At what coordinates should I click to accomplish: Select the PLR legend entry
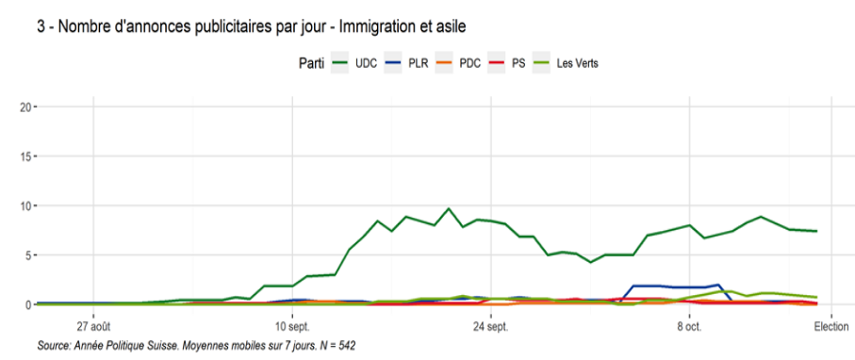tap(406, 64)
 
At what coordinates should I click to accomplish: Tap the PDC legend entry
tap(461, 64)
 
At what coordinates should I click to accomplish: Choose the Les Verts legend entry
tap(567, 64)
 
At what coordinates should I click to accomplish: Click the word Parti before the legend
tap(311, 64)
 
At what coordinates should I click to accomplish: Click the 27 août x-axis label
tap(93, 327)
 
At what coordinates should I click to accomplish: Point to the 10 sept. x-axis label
tap(292, 327)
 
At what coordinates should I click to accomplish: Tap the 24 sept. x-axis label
tap(491, 327)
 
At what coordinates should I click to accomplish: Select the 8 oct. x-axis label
tap(690, 327)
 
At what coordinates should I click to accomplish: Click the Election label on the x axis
tap(831, 327)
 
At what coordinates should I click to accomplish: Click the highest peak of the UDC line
tap(448, 208)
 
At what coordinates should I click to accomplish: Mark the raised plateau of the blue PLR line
tap(669, 286)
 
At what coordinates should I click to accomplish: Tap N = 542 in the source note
tap(337, 346)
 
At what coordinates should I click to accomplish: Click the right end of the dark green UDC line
tap(817, 231)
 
